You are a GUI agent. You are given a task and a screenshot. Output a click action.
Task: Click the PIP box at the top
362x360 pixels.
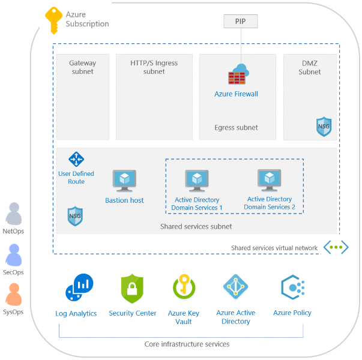pyautogui.click(x=241, y=22)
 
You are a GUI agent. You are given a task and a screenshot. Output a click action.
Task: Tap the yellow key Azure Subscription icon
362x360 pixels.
pyautogui.click(x=53, y=20)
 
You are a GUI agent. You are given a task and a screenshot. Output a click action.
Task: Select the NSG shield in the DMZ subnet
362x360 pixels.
pyautogui.click(x=324, y=126)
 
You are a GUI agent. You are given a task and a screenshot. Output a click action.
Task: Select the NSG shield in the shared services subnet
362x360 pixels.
pyautogui.click(x=75, y=215)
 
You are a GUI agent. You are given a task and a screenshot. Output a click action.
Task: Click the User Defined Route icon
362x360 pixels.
pyautogui.click(x=76, y=159)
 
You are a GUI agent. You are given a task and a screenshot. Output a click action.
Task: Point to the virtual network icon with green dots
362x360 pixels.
pyautogui.click(x=336, y=247)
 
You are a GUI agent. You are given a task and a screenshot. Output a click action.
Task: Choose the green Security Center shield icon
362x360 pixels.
pyautogui.click(x=132, y=289)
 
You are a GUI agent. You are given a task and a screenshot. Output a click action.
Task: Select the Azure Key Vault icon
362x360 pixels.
pyautogui.click(x=183, y=287)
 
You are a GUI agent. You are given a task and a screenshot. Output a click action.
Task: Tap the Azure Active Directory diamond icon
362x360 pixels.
pyautogui.click(x=235, y=287)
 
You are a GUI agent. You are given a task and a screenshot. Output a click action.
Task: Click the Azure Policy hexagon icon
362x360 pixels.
pyautogui.click(x=292, y=288)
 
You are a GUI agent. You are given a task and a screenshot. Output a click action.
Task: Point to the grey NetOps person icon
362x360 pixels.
pyautogui.click(x=13, y=214)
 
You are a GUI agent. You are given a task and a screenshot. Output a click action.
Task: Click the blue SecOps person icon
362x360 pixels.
pyautogui.click(x=13, y=256)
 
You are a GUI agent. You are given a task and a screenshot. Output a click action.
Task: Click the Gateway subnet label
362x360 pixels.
pyautogui.click(x=83, y=67)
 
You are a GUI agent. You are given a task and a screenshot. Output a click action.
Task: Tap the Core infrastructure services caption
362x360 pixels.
pyautogui.click(x=187, y=344)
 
